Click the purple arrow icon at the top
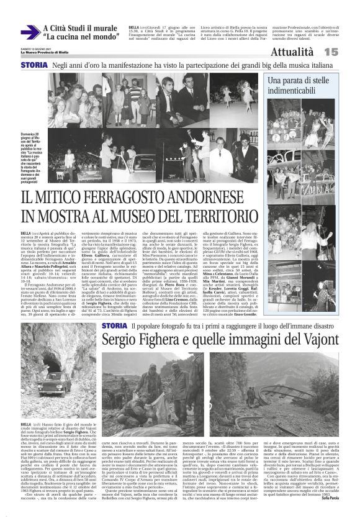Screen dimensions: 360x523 coord(29,32)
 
